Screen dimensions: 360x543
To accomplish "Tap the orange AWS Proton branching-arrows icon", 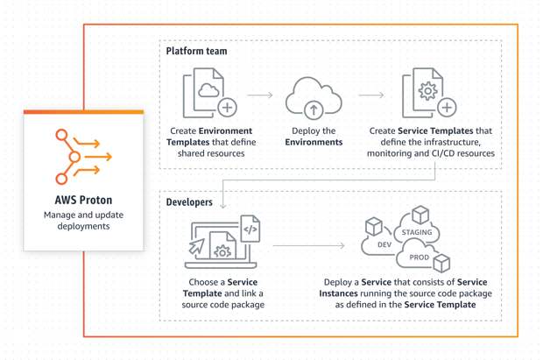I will [x=82, y=157].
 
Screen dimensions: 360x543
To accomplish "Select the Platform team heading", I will [x=198, y=52].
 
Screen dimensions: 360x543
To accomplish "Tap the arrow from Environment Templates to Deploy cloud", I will [x=260, y=95].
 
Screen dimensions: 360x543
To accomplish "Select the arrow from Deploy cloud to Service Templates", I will [x=371, y=95].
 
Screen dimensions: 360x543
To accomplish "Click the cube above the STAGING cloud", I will [x=420, y=214].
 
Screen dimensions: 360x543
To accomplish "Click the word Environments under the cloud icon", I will [x=314, y=141].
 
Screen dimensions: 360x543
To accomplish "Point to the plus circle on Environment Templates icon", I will [x=227, y=108].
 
